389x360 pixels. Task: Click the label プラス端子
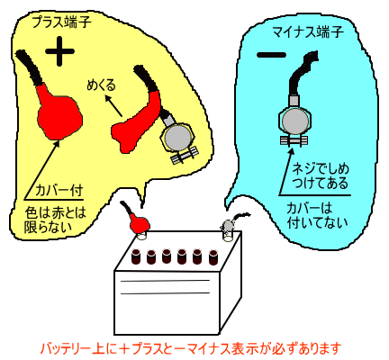61,22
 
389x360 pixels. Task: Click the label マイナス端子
308,31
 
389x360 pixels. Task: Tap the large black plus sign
59,51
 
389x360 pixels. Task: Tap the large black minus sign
271,55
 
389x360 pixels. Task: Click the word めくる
101,85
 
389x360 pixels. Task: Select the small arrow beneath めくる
113,105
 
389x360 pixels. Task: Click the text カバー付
59,191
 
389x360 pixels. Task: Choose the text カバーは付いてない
317,216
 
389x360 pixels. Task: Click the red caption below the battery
191,348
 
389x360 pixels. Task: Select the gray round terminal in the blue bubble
294,121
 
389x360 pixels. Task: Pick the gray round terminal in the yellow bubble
177,138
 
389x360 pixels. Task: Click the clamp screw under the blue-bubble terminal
294,140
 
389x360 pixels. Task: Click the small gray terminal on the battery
229,226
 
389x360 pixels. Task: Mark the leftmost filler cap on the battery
136,256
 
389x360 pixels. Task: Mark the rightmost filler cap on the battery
213,257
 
